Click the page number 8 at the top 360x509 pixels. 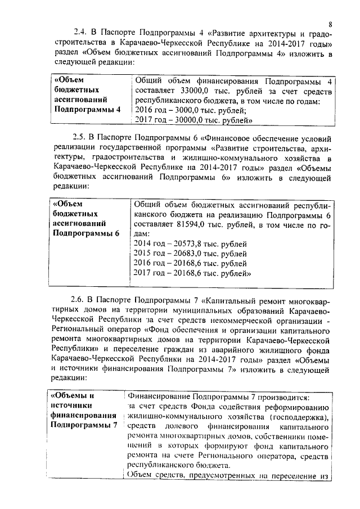[x=331, y=24]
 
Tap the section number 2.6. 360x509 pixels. [x=80, y=299]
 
